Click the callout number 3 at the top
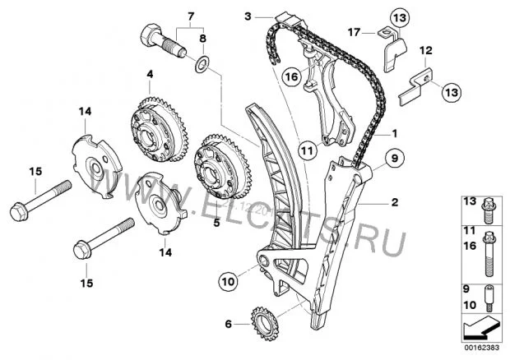[x=248, y=15]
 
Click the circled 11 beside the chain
[x=307, y=150]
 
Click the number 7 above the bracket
[x=191, y=16]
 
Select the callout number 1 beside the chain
[x=394, y=132]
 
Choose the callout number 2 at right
[x=395, y=201]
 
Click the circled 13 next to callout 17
[x=398, y=16]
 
